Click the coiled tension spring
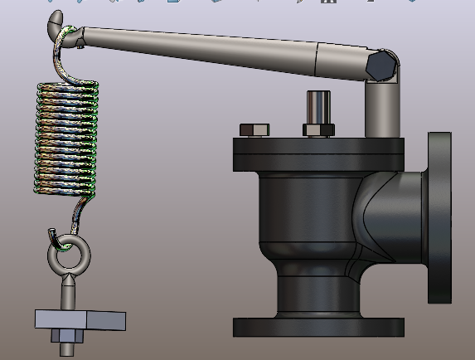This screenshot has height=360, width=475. point(67,138)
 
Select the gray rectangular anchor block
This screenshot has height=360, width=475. point(80,319)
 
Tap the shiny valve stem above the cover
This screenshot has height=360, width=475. point(317,106)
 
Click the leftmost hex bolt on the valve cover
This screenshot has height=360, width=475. point(254,130)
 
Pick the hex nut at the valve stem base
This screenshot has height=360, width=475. point(317,129)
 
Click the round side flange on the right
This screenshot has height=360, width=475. point(439,216)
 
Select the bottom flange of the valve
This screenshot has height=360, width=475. point(318,325)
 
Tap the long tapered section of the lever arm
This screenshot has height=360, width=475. point(199,46)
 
